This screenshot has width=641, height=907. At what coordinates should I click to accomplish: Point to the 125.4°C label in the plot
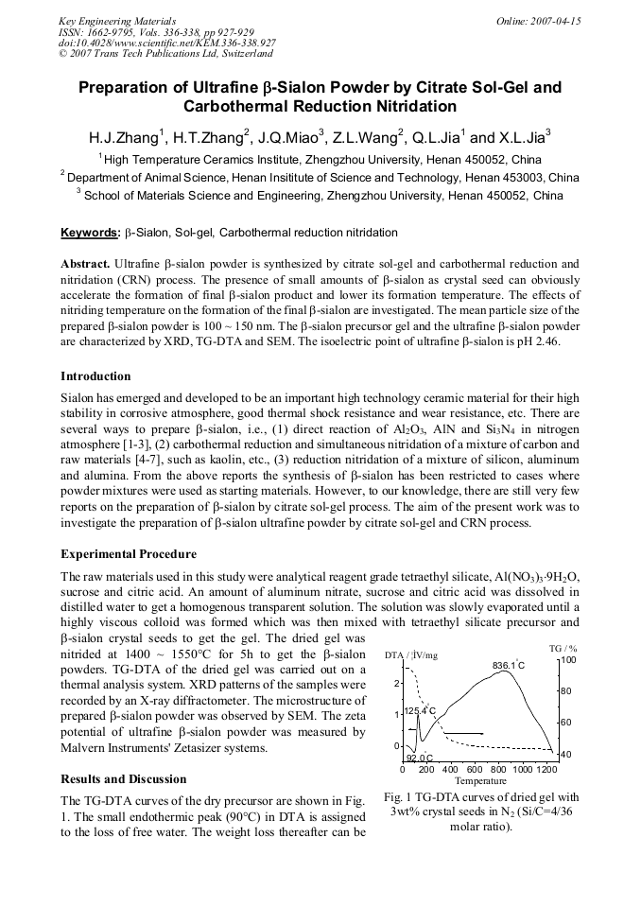(420, 710)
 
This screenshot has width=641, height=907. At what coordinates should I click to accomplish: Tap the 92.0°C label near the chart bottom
(419, 758)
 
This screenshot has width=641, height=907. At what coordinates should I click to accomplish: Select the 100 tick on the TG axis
(568, 660)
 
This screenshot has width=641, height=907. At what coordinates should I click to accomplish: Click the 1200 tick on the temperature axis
(546, 770)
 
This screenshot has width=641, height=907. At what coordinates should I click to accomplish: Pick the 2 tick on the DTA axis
(397, 683)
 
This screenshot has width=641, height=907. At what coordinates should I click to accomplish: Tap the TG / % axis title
(563, 647)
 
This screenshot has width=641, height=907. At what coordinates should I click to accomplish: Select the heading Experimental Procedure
(129, 553)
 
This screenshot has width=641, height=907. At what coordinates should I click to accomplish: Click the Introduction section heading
(95, 375)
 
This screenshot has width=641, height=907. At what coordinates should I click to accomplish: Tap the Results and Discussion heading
(123, 779)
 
